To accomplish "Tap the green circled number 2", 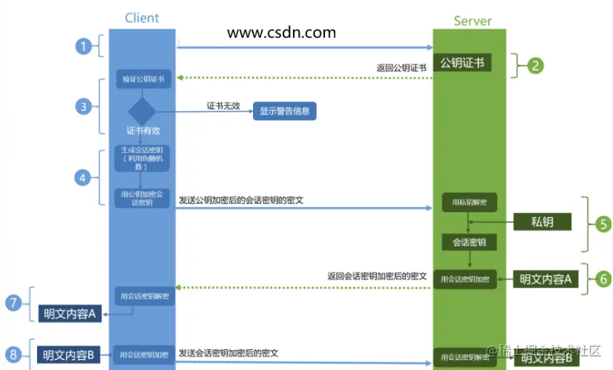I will pos(535,65).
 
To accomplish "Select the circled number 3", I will pos(84,107).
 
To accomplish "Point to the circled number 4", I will pos(84,177).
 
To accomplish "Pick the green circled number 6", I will pos(603,279).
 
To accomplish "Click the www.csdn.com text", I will pos(281,32).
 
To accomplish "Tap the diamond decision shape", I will pos(141,111).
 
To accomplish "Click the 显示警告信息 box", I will pos(284,111).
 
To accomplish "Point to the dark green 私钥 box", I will pos(542,221).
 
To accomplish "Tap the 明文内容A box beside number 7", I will pos(69,313).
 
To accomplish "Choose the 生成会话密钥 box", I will pos(141,158).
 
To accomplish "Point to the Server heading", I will pos(472,21).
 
